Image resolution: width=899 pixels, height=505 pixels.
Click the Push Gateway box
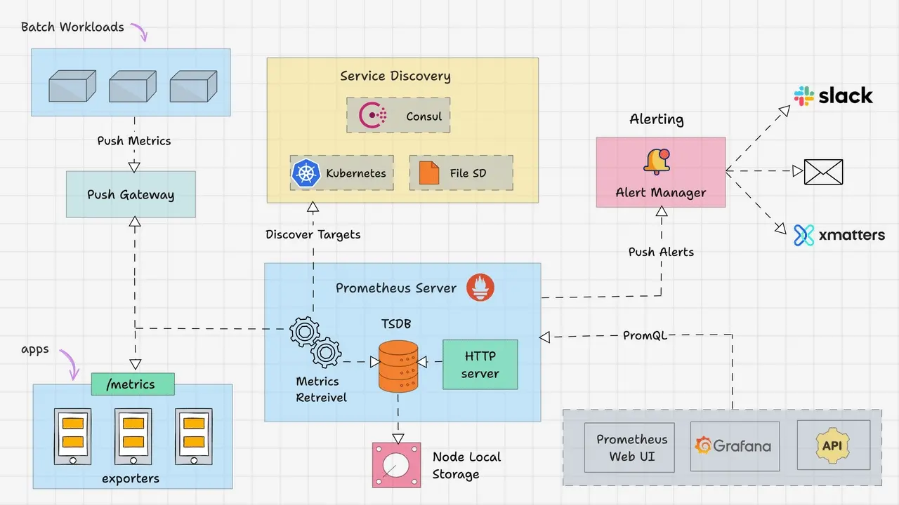(131, 194)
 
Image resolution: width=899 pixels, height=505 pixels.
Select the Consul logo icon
(372, 116)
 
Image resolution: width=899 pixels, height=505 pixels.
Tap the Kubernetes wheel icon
(305, 173)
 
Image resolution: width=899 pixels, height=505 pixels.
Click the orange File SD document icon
(428, 173)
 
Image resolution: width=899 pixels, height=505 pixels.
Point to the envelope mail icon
(823, 171)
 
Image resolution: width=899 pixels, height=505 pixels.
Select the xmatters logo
(839, 235)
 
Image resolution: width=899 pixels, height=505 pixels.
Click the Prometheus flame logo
(481, 288)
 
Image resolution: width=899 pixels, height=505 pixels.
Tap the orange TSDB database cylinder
(398, 366)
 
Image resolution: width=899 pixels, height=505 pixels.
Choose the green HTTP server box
(480, 365)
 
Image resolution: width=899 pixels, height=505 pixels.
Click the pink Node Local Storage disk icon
(396, 465)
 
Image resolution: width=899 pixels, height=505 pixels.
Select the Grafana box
(735, 445)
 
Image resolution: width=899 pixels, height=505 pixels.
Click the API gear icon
(833, 445)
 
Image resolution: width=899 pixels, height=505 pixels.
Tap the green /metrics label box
(133, 383)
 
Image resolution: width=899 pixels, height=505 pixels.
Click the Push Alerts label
(661, 252)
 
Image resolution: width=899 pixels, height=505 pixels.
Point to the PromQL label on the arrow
(645, 335)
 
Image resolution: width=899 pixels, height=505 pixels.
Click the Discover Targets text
(313, 234)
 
